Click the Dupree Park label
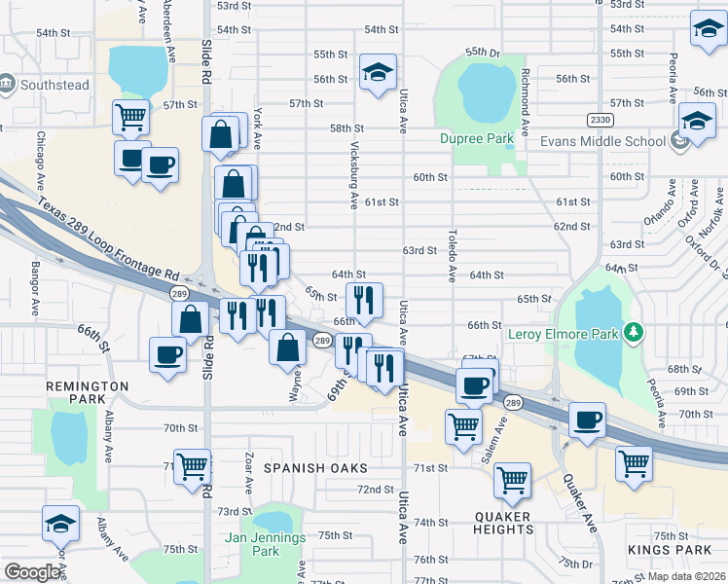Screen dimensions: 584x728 click(x=476, y=139)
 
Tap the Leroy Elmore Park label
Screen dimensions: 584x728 click(x=564, y=335)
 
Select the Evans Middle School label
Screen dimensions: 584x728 click(x=597, y=141)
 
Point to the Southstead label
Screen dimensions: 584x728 click(x=55, y=85)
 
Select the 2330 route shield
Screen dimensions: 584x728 click(x=601, y=120)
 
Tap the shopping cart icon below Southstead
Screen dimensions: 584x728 click(x=130, y=117)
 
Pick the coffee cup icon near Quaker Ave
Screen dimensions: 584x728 click(x=586, y=420)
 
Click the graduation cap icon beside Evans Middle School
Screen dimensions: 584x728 click(x=697, y=122)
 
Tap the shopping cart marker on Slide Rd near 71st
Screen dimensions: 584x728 click(x=192, y=466)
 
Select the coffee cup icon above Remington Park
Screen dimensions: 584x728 click(x=167, y=353)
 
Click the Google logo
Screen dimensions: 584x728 click(x=33, y=572)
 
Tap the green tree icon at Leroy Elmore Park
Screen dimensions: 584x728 click(x=635, y=334)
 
